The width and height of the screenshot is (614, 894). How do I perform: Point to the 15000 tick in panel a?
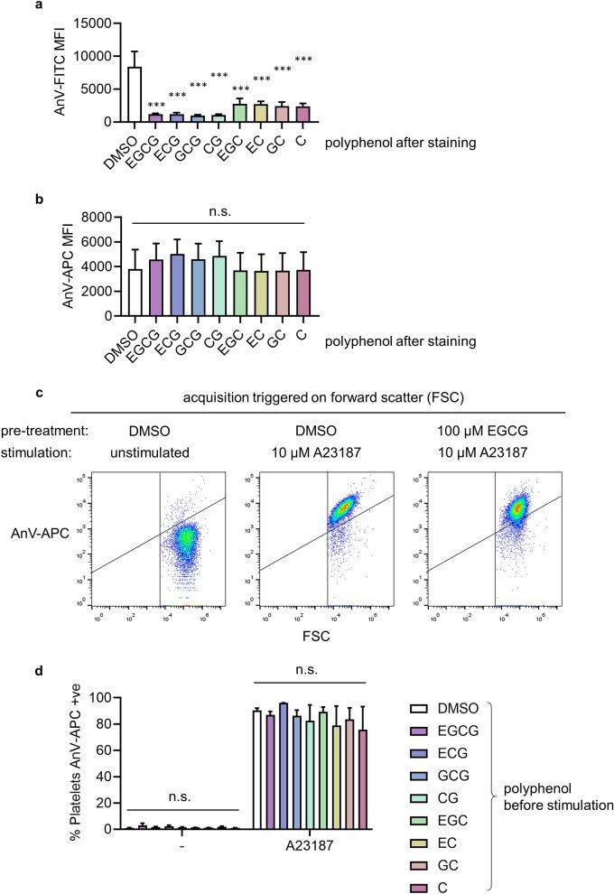102,23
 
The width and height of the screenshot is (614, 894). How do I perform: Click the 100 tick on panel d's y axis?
102,698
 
